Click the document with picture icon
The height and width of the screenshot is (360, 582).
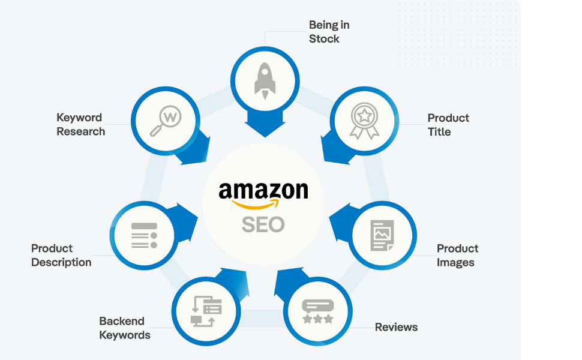pyautogui.click(x=382, y=235)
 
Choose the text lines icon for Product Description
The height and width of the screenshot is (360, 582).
pyautogui.click(x=144, y=235)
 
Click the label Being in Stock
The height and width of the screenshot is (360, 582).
pyautogui.click(x=329, y=32)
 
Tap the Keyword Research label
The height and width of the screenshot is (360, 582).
pyautogui.click(x=80, y=124)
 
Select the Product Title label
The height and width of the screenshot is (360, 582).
pyautogui.click(x=448, y=125)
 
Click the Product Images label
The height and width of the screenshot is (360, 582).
pyautogui.click(x=457, y=255)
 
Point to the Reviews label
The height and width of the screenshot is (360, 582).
pyautogui.click(x=396, y=327)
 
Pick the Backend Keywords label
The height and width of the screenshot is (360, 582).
pyautogui.click(x=125, y=328)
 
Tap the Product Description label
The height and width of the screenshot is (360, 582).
pyautogui.click(x=61, y=255)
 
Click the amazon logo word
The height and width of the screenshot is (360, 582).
pyautogui.click(x=263, y=190)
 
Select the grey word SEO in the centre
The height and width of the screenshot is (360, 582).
pyautogui.click(x=263, y=224)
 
